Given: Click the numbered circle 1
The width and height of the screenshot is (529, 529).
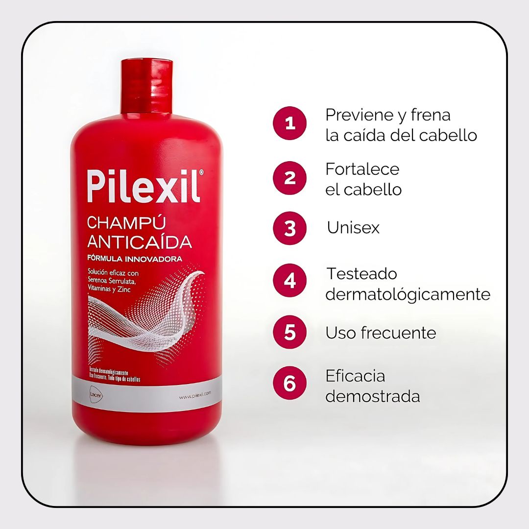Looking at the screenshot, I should click(x=290, y=123).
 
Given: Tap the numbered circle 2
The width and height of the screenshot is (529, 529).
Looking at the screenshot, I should click(x=290, y=178).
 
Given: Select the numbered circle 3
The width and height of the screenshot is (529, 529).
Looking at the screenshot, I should click(x=290, y=228).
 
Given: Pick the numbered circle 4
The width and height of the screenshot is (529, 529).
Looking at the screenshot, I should click(x=290, y=281).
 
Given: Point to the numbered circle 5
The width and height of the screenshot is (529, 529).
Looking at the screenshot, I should click(x=290, y=332).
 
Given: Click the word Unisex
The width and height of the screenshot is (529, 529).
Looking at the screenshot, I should click(x=353, y=228).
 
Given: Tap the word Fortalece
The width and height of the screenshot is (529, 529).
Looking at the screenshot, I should click(x=362, y=169).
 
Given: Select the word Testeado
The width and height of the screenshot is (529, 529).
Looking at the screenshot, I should click(x=362, y=273).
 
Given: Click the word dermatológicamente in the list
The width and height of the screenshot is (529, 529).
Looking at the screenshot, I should click(x=408, y=294).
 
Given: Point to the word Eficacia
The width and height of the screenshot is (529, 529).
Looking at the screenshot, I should click(x=355, y=376).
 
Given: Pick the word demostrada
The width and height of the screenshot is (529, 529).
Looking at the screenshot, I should click(x=373, y=396).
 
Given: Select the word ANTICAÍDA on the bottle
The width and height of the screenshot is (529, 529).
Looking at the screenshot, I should click(x=139, y=241).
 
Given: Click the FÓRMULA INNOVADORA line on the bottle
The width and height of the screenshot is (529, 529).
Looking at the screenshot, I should click(x=135, y=258).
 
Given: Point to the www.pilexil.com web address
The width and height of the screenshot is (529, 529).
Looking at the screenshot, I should click(x=194, y=393).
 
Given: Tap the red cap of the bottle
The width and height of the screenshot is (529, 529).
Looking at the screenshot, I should click(x=146, y=86).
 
